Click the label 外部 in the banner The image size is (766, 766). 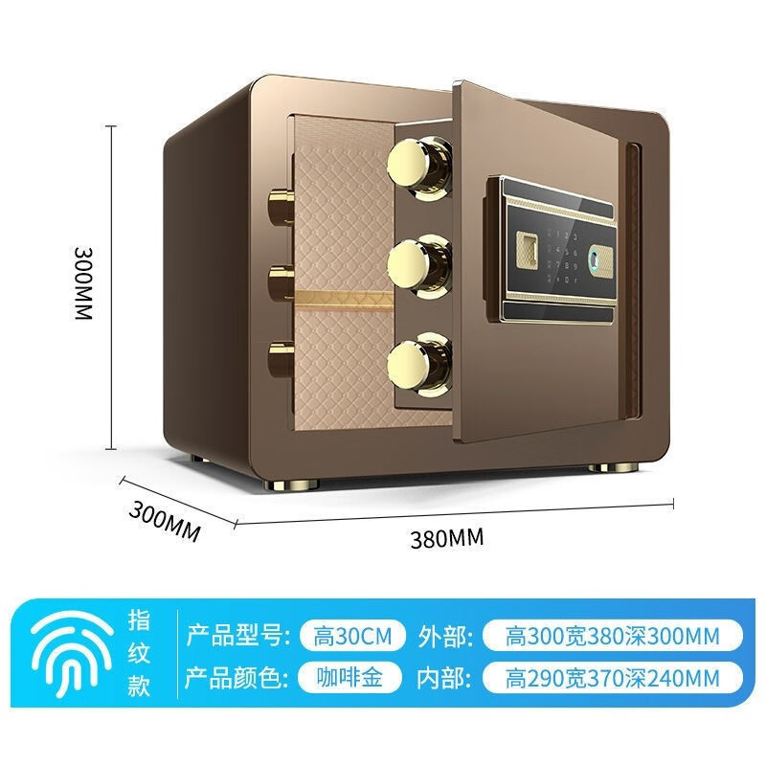pos(443,635)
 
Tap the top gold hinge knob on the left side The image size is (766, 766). pos(282,205)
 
